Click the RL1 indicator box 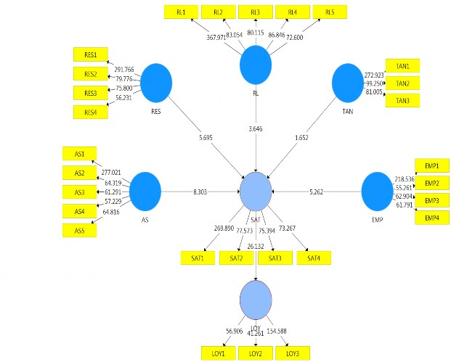(179, 12)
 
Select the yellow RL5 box (330, 12)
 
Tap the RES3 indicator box (91, 93)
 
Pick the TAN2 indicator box (402, 83)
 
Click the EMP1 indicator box (431, 166)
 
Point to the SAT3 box (275, 258)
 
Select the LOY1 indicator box (219, 353)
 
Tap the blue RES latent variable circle (156, 81)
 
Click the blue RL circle (256, 64)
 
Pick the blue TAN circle (347, 82)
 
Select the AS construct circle (145, 191)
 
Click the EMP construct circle (377, 191)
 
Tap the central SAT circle (256, 191)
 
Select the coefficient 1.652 (303, 137)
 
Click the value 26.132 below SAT (256, 246)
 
